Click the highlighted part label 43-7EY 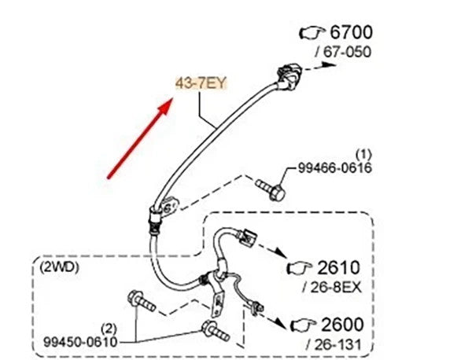(x=201, y=83)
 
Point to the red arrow (x=140, y=138)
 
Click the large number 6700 (x=352, y=32)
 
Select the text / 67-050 (x=343, y=52)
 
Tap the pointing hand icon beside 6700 (x=312, y=32)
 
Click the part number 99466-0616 (x=335, y=168)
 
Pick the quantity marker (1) (x=363, y=155)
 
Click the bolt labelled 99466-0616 (x=271, y=189)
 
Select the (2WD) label (x=59, y=267)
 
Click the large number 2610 (x=338, y=267)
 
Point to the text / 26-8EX (x=332, y=288)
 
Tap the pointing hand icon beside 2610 (x=300, y=267)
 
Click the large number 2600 (x=342, y=325)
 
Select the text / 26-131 (x=334, y=345)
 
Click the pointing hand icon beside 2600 (x=303, y=325)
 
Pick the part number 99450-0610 (x=80, y=342)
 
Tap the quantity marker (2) (x=109, y=329)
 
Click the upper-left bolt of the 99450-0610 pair (x=141, y=301)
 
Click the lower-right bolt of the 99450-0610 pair (x=216, y=331)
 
